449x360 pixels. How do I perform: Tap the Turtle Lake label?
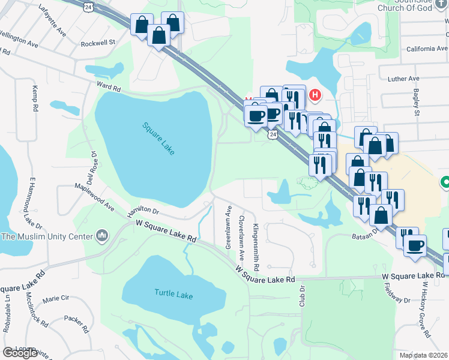(173, 295)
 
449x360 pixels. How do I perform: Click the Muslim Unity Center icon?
(101, 234)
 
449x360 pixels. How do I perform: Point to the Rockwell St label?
(98, 43)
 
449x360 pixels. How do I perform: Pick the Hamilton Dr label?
(143, 211)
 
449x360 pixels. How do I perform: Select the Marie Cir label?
(56, 298)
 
